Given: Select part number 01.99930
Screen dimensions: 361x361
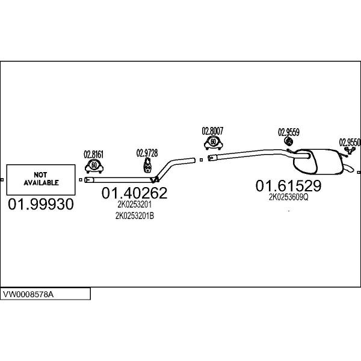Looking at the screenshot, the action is click(x=41, y=204).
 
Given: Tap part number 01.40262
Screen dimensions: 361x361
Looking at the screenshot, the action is click(x=134, y=193).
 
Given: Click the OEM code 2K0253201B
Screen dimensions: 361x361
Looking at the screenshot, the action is click(x=135, y=216).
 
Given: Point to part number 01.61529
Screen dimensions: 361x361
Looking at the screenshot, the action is click(x=288, y=186).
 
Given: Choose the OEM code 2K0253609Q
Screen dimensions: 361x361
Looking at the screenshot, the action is click(x=288, y=197).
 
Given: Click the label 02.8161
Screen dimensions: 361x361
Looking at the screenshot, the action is click(x=94, y=155).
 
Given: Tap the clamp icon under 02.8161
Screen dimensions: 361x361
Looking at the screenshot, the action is click(x=94, y=166).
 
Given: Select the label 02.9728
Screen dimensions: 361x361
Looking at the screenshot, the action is click(x=147, y=153).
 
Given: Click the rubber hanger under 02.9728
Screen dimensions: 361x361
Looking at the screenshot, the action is click(x=147, y=165).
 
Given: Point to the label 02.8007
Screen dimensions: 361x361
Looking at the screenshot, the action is click(x=212, y=131).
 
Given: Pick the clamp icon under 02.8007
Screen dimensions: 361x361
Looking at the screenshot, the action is click(x=213, y=143).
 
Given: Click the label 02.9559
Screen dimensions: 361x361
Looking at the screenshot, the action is click(x=289, y=132).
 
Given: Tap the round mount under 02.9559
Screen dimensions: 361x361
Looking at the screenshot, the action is click(x=288, y=141).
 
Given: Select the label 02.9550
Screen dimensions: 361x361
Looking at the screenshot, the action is click(x=350, y=143).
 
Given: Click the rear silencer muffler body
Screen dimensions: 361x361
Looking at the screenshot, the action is click(x=318, y=162).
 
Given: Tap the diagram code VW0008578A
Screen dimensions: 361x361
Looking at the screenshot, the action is click(x=28, y=294).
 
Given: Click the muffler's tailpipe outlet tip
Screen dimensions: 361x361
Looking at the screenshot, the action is click(x=352, y=169).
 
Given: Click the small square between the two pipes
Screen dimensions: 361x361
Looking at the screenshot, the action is click(x=201, y=160).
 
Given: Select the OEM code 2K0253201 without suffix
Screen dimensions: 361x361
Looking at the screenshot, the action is click(x=134, y=205).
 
